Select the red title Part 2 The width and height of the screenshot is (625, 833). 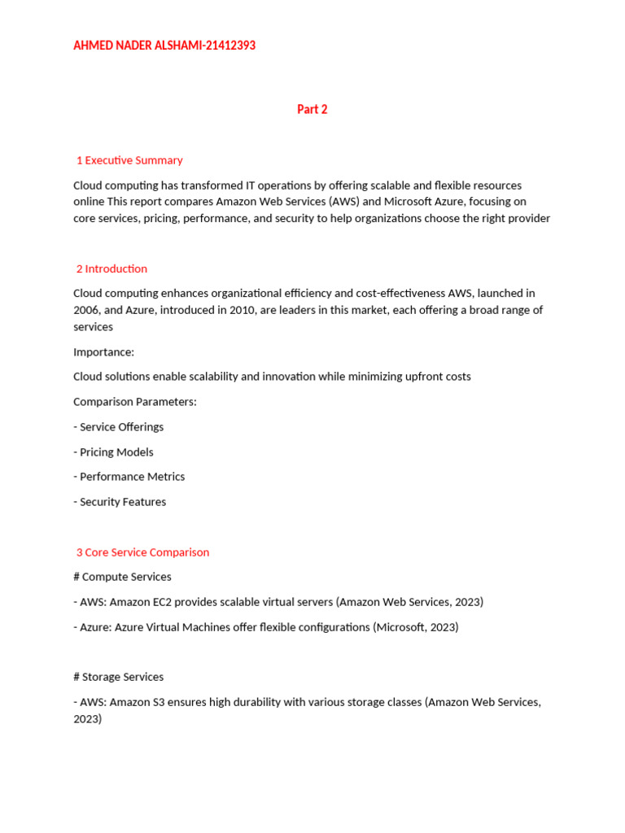(312, 109)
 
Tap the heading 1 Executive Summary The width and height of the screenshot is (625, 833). (129, 160)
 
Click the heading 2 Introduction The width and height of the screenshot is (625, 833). (111, 268)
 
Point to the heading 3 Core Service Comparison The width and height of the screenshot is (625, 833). (142, 552)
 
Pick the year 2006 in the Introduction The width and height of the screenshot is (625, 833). (87, 310)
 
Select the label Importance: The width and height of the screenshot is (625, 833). (103, 352)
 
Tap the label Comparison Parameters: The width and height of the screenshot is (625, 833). (134, 402)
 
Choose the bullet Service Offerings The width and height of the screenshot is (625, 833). (121, 427)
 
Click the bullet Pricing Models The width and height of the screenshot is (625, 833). (116, 452)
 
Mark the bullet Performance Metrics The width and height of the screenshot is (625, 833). (132, 477)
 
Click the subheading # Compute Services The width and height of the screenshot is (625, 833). (122, 577)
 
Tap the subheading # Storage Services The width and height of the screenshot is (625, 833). (118, 677)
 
